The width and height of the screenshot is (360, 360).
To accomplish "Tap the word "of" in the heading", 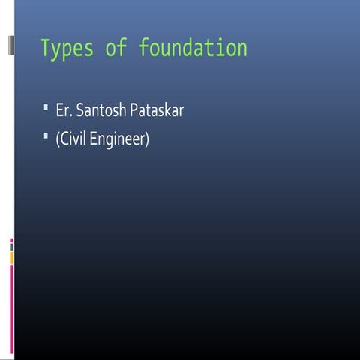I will click(x=116, y=49).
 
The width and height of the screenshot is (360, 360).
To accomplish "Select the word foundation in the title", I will click(x=193, y=49).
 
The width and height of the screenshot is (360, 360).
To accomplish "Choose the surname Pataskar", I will click(x=156, y=111).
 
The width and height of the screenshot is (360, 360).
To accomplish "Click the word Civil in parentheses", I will click(x=73, y=139).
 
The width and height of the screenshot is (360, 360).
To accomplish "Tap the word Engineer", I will click(x=118, y=140).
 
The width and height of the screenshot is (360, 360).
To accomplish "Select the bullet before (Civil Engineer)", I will click(x=46, y=137).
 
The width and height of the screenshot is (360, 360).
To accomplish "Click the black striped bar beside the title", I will click(x=10, y=46).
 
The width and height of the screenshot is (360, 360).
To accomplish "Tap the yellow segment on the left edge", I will click(x=11, y=257).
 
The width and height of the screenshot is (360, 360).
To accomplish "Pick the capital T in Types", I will click(x=45, y=49).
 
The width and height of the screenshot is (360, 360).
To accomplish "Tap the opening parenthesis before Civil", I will click(x=57, y=140).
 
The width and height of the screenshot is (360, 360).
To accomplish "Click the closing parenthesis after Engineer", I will click(x=147, y=140).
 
